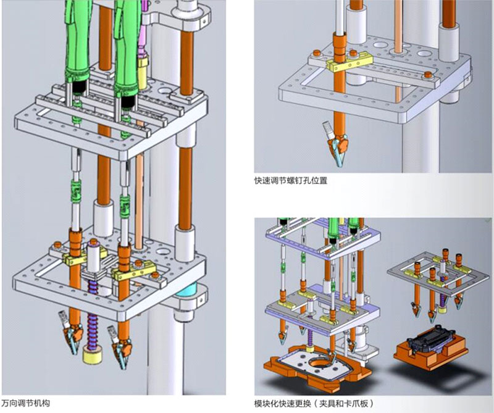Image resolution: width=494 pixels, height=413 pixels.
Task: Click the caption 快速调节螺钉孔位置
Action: [290, 181]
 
